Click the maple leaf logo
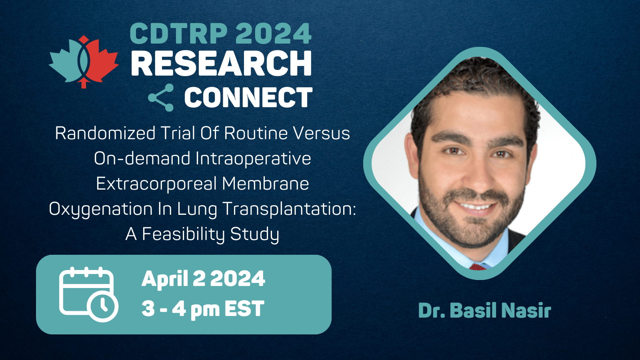coord(84,62)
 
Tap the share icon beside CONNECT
coord(161,98)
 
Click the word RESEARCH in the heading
coord(221,63)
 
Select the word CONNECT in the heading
coord(248,98)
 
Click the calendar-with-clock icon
coord(88,294)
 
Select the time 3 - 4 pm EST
coord(203,308)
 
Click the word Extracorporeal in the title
coord(156,184)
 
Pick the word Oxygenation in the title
coord(100,210)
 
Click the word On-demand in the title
coord(142,158)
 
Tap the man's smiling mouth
coord(476,206)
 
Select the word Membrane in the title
coord(266,184)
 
